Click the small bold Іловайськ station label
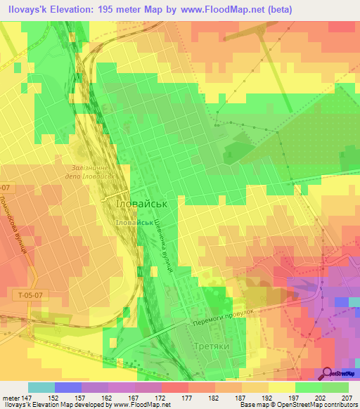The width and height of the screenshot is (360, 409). point(135,221)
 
